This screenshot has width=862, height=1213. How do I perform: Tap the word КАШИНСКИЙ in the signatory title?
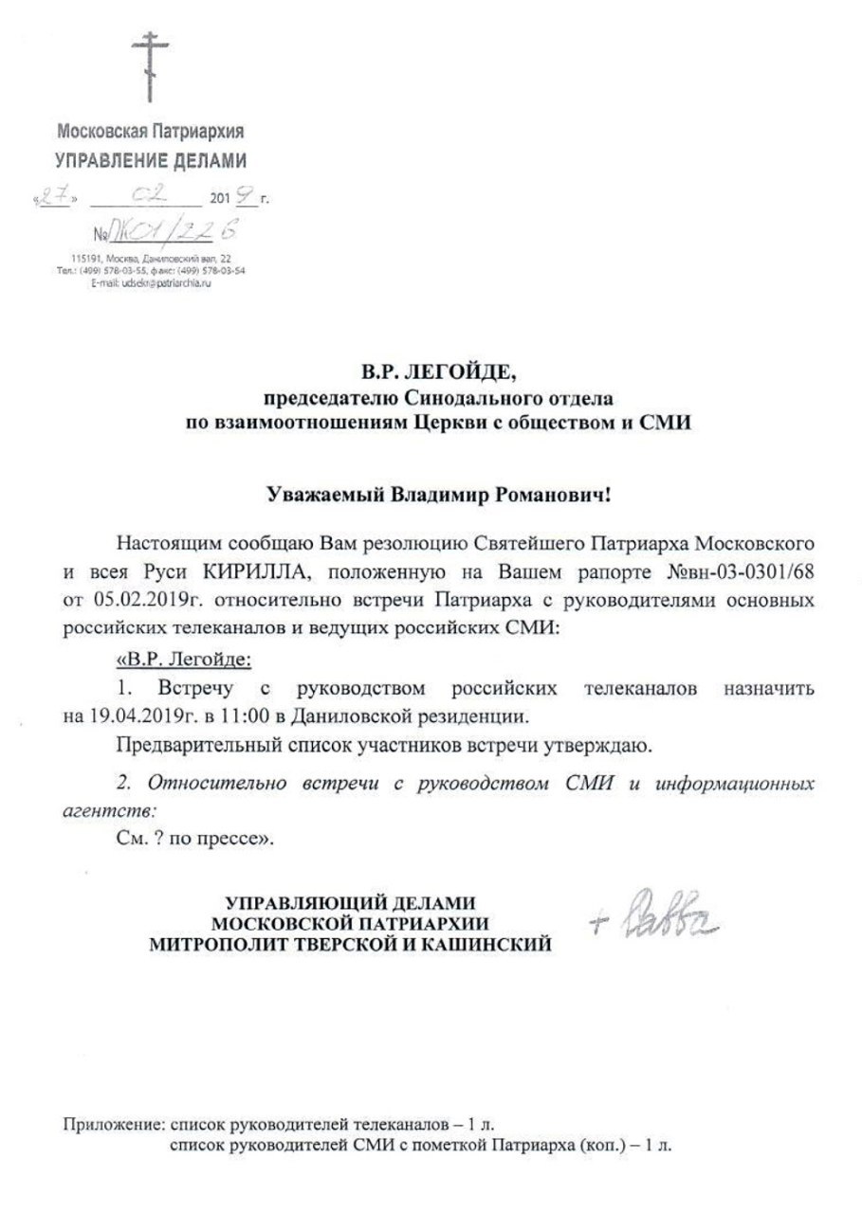coord(483,944)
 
